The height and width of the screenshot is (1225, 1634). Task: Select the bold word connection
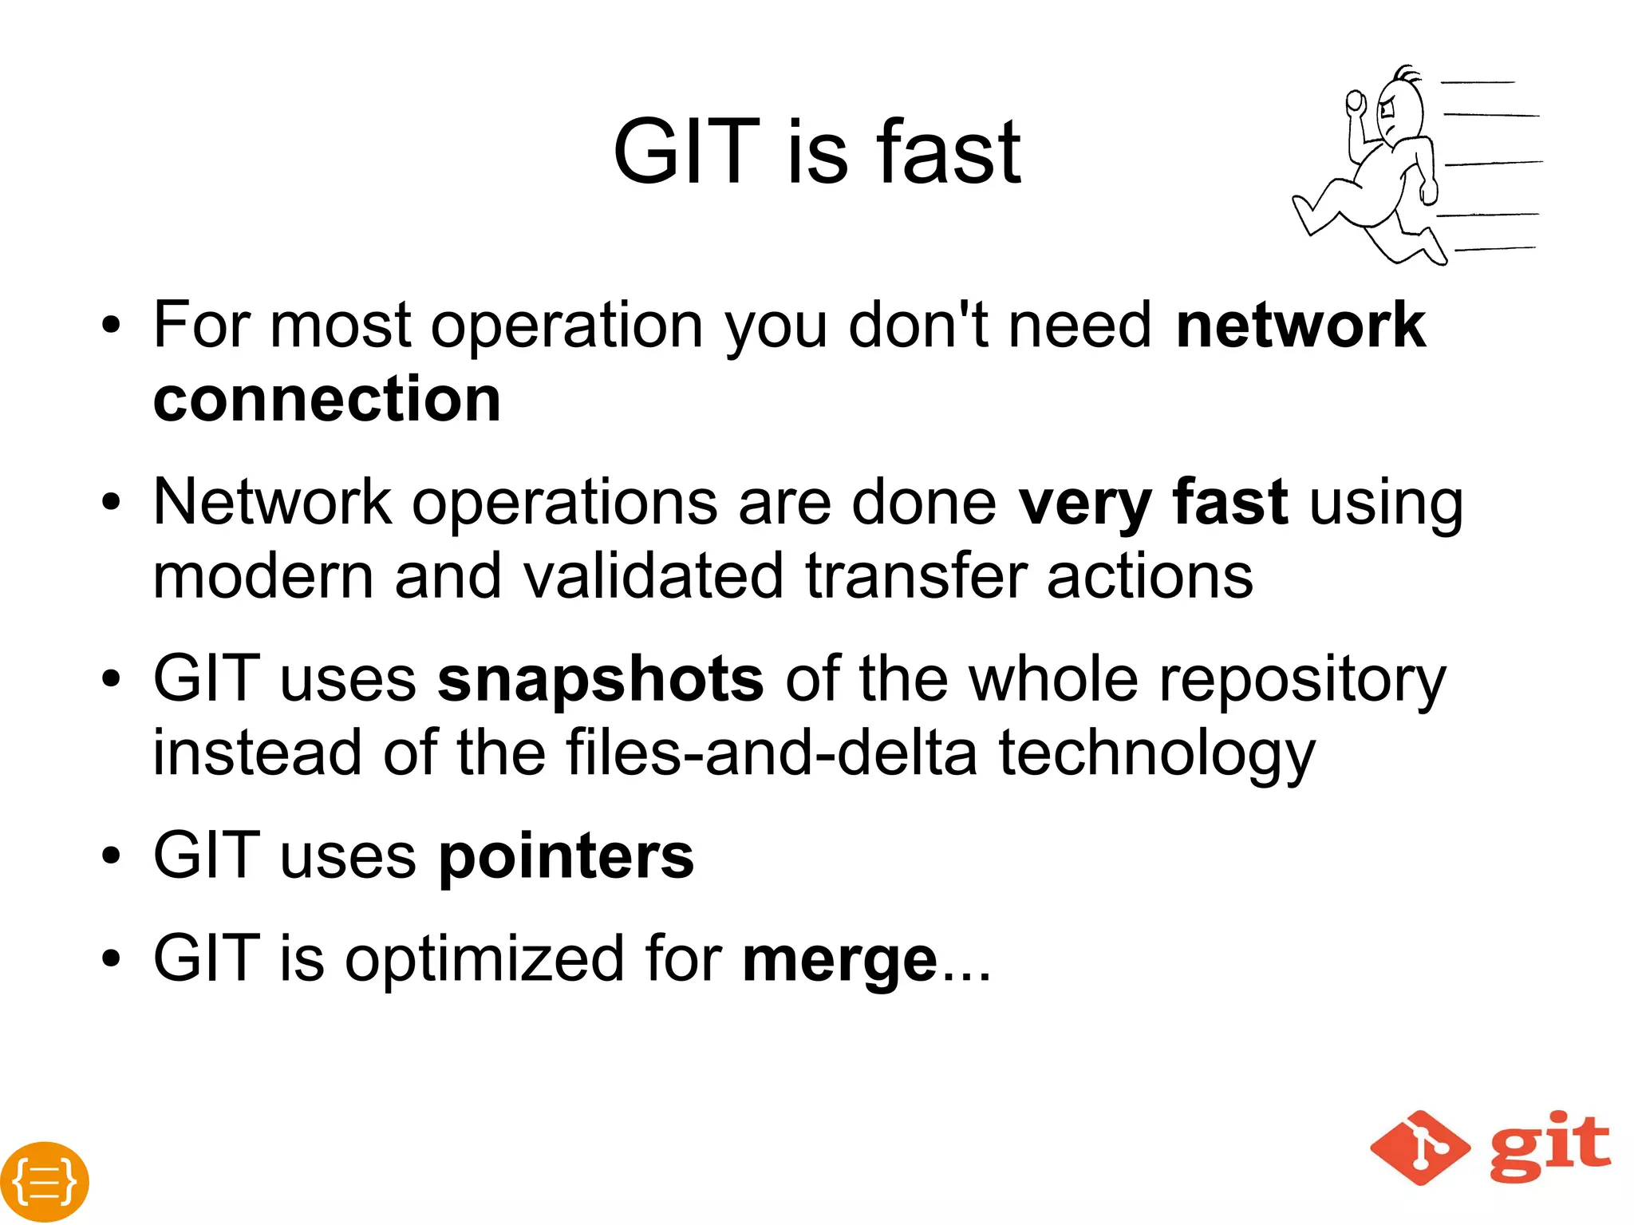[327, 399]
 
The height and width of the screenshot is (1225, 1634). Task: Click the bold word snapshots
[601, 680]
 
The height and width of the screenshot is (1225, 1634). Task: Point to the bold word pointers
[566, 857]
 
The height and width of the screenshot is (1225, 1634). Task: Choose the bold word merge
[839, 961]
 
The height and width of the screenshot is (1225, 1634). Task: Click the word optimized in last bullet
[484, 959]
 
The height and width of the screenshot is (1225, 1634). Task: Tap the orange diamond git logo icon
[1419, 1148]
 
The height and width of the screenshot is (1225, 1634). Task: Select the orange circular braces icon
[45, 1181]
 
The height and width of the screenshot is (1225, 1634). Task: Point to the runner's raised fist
[1355, 101]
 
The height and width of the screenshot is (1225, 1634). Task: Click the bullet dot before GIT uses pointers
[111, 857]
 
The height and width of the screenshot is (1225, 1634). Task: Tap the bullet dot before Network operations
[111, 503]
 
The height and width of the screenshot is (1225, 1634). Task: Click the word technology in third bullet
[1156, 753]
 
